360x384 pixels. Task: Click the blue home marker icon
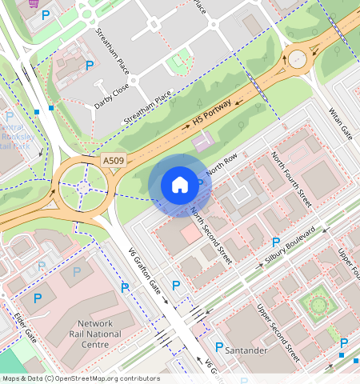(180, 186)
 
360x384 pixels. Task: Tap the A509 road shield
(113, 162)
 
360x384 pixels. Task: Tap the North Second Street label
(211, 236)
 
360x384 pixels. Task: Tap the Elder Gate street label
(25, 324)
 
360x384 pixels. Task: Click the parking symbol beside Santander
(219, 347)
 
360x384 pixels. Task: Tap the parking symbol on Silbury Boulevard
(276, 242)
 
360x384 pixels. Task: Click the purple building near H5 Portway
(203, 141)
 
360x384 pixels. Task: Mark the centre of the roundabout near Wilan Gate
(298, 58)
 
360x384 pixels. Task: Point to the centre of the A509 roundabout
(83, 187)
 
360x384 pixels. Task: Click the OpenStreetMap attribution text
(81, 378)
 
